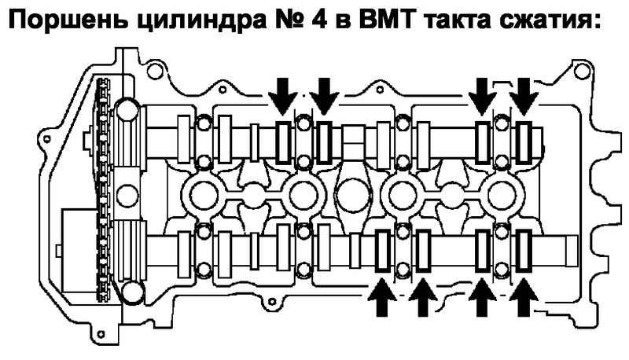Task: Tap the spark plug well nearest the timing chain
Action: click(203, 190)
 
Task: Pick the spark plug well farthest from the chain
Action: click(503, 190)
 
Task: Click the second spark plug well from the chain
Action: click(303, 190)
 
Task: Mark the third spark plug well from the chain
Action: click(403, 190)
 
